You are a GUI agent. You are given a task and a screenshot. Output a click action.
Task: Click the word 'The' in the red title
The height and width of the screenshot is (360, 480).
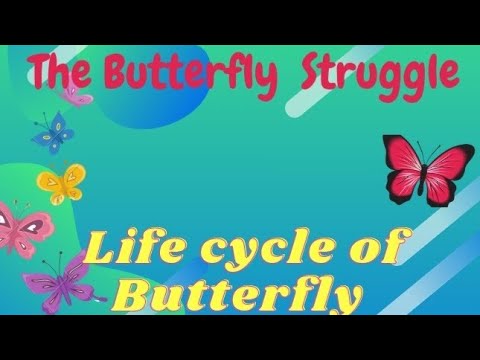click(x=61, y=72)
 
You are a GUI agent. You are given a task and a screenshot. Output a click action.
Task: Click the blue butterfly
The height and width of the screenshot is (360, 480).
click(x=53, y=131)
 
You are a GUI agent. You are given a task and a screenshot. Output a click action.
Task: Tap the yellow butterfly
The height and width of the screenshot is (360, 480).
click(x=60, y=182)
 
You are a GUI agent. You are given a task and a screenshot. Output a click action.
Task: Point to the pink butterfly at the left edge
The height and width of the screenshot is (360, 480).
click(x=17, y=229)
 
